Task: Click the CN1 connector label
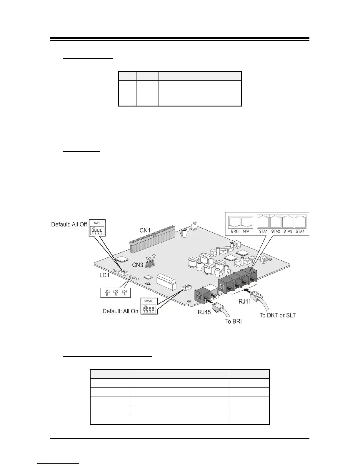pyautogui.click(x=145, y=230)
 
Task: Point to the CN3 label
pyautogui.click(x=138, y=265)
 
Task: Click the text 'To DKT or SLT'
pyautogui.click(x=277, y=315)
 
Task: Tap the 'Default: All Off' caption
pyautogui.click(x=69, y=224)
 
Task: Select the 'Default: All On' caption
pyautogui.click(x=120, y=311)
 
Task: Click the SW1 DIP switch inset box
pyautogui.click(x=97, y=227)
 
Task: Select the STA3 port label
pyautogui.click(x=288, y=231)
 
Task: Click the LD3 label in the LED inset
pyautogui.click(x=116, y=291)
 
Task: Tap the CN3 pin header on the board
pyautogui.click(x=150, y=263)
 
